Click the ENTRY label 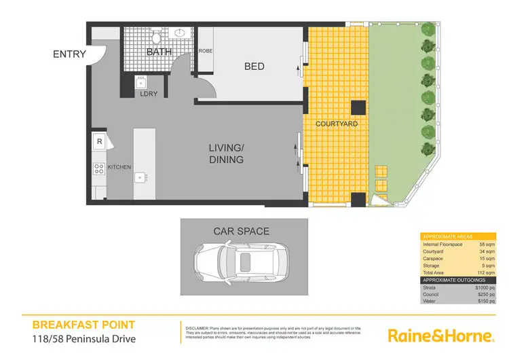click(69, 54)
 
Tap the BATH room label click(158, 52)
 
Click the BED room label click(254, 67)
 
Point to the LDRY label click(149, 94)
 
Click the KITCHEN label click(119, 166)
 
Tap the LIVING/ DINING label click(226, 154)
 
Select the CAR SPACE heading click(241, 232)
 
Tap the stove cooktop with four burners click(99, 167)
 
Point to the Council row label click(432, 295)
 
